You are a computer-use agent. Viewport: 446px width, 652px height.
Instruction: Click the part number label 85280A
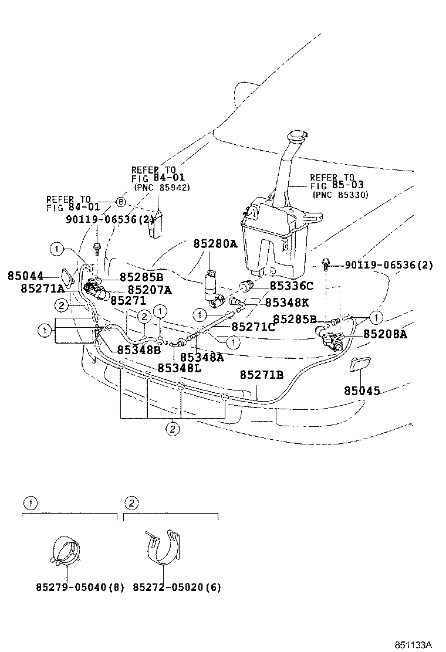pos(215,244)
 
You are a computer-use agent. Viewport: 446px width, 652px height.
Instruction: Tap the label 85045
pos(361,390)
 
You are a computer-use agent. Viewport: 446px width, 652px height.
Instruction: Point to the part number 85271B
pos(262,375)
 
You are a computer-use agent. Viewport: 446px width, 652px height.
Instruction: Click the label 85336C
pos(292,286)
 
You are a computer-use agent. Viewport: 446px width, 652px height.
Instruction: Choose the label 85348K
pos(288,303)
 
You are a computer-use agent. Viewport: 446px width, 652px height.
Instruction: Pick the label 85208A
pos(385,334)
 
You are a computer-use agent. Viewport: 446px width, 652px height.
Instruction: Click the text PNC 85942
pos(162,188)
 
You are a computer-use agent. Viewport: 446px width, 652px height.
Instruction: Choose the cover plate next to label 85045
pos(359,366)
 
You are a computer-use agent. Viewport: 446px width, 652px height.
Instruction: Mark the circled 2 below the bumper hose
pos(171,430)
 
